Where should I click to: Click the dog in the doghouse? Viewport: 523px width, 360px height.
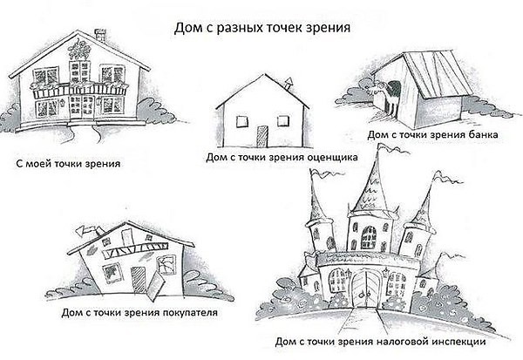click(386, 95)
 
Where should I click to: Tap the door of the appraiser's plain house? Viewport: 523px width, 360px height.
click(261, 137)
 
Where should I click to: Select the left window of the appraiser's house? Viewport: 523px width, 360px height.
click(242, 121)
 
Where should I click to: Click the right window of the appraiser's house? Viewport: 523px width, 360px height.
click(283, 120)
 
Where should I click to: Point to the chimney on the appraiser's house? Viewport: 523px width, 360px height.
click(289, 84)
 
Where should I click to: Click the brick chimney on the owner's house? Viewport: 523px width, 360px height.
click(100, 36)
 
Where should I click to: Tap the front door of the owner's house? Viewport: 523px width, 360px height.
click(82, 106)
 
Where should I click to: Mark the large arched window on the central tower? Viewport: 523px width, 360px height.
click(368, 238)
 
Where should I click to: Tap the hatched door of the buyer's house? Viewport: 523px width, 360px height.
click(138, 281)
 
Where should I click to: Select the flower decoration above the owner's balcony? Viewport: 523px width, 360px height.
click(79, 50)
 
